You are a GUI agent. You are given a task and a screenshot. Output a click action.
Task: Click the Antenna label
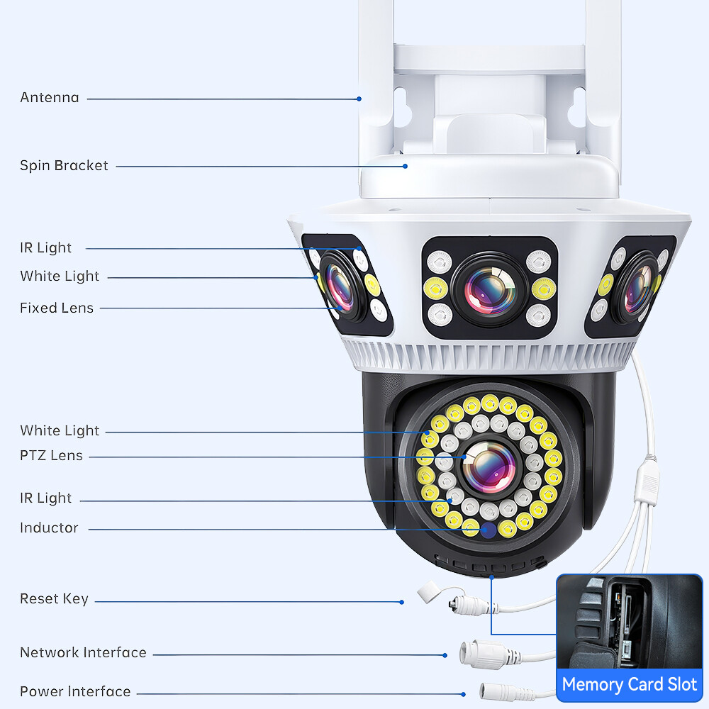[x=50, y=98]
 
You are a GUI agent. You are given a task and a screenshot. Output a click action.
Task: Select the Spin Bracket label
[x=64, y=166]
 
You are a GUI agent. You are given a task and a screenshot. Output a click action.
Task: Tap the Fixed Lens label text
[x=57, y=308]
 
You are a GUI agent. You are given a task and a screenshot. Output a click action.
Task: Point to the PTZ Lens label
[x=51, y=456]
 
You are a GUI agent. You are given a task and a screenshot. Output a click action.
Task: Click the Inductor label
[x=49, y=528]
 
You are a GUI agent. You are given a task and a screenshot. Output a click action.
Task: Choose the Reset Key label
[x=54, y=599]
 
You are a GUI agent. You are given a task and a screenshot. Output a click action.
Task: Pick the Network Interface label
[x=83, y=653]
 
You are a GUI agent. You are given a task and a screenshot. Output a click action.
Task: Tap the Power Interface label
[x=75, y=692]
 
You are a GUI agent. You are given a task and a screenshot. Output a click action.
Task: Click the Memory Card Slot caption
[x=630, y=685]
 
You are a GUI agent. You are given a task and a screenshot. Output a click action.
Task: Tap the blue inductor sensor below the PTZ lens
[x=488, y=530]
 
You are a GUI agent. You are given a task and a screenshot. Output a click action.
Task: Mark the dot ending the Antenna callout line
[x=359, y=99]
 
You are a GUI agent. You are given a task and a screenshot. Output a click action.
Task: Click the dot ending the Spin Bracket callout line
[x=406, y=167]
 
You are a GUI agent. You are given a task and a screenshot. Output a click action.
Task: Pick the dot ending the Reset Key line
[x=402, y=602]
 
